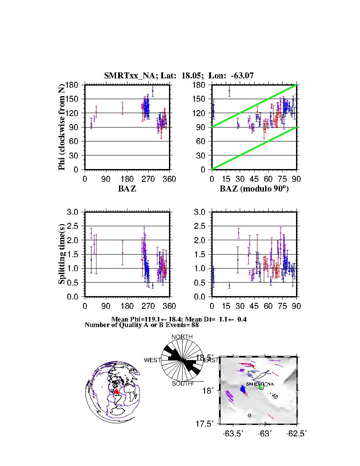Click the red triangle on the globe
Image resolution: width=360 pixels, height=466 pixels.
pos(116,392)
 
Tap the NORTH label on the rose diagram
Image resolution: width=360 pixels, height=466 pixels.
pos(182,337)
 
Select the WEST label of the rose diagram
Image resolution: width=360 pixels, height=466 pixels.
pos(152,360)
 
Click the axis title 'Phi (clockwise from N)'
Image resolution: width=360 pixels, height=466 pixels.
pos(62,127)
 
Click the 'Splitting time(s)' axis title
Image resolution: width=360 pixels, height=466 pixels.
pos(62,254)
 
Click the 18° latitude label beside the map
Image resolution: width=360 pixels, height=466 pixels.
pos(213,390)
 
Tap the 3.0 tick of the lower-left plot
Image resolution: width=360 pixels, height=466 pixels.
pos(75,212)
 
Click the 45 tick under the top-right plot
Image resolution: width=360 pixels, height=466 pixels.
pos(254,179)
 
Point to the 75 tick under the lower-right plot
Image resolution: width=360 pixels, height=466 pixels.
pos(282,306)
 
